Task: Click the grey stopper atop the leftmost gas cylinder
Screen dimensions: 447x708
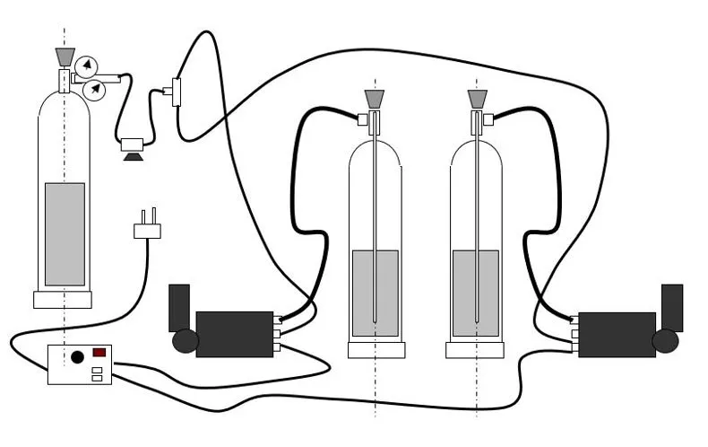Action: coord(64,57)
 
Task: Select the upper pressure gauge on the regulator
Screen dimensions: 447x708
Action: coord(87,66)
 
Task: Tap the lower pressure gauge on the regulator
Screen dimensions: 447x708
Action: coord(93,90)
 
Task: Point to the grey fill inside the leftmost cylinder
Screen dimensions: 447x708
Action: coord(65,233)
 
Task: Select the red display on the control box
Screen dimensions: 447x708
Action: coord(99,353)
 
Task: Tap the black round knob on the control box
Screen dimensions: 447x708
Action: coord(77,357)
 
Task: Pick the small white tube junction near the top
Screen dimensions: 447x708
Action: coord(175,92)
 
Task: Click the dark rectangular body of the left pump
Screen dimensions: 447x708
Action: coord(234,334)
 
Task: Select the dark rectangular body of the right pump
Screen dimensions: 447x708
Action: coord(617,334)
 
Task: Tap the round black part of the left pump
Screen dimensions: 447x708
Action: coord(186,341)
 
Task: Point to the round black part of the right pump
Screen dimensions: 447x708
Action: coord(666,341)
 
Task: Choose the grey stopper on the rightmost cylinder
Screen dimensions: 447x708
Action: coord(476,98)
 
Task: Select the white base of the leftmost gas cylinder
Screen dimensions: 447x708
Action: coord(63,300)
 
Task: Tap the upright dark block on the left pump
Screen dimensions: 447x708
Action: coord(179,306)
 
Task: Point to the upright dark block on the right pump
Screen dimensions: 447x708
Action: coord(672,306)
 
